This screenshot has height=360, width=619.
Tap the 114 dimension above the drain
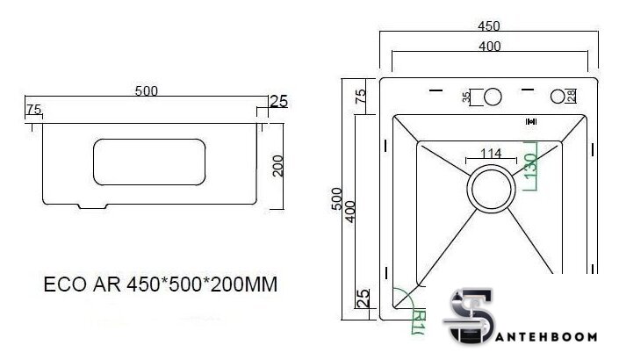[x=491, y=153]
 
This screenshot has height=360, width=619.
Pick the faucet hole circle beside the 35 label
[x=493, y=96]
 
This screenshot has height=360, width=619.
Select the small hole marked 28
[x=558, y=96]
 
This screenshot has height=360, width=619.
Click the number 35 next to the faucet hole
[x=466, y=96]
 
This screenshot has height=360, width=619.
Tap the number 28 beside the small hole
[x=572, y=96]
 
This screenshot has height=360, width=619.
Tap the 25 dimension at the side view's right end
[x=278, y=101]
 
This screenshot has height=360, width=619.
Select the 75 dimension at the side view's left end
[x=33, y=110]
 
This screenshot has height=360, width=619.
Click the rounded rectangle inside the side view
[x=148, y=164]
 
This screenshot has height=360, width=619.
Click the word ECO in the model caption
[x=63, y=286]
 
